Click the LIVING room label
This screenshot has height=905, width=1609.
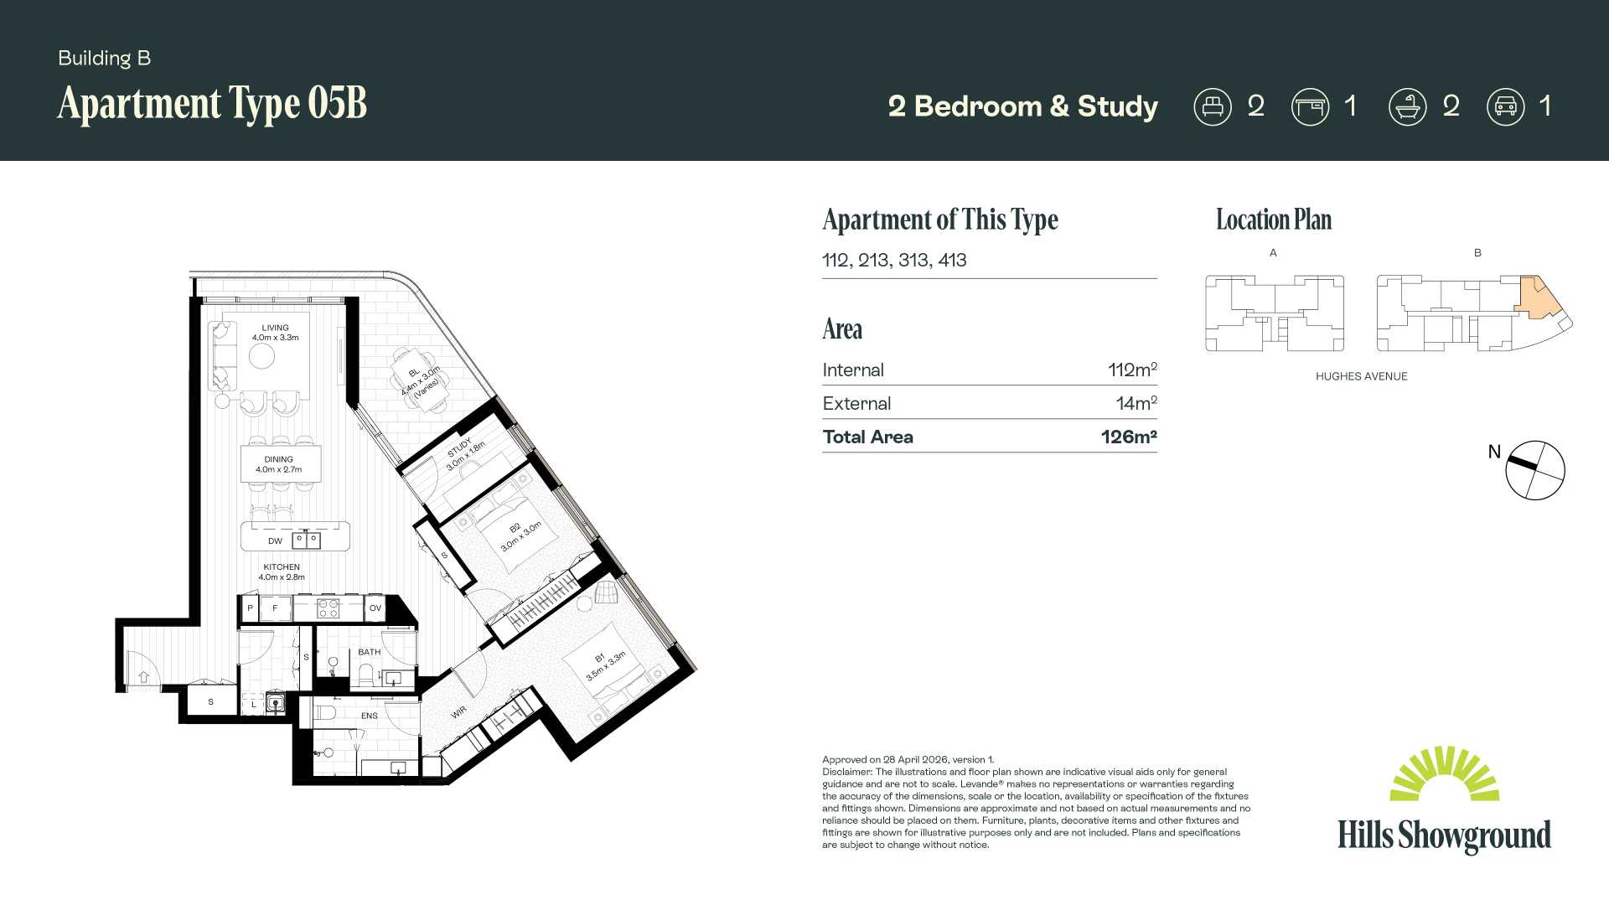coord(275,328)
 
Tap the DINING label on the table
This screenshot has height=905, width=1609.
coord(279,459)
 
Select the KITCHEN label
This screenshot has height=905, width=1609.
coord(282,567)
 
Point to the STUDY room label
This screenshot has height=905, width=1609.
coord(460,447)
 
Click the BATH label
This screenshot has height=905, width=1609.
coord(370,652)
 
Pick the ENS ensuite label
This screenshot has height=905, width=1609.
coord(370,716)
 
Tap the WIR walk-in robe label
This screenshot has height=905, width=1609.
coord(458,712)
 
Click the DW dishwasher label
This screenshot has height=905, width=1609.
coord(275,541)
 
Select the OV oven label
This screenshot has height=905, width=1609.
coord(375,608)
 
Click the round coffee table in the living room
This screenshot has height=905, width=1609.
coord(261,356)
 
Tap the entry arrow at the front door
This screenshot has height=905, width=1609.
coord(143,676)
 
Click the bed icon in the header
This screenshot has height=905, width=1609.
coord(1213,107)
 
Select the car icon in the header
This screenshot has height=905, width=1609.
coord(1506,107)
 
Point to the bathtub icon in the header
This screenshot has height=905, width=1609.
coord(1408,107)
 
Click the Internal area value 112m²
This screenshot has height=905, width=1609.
coord(1132,370)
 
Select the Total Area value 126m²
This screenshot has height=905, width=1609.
coord(1129,437)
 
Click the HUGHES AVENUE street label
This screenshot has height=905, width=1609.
coord(1362,376)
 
